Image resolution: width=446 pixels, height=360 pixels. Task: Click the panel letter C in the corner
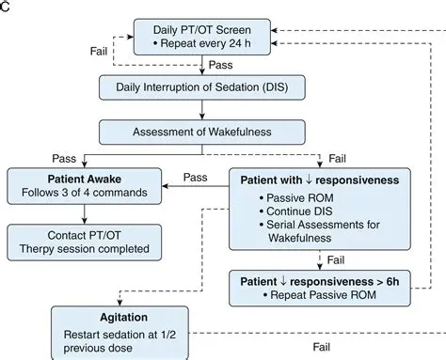point(6,6)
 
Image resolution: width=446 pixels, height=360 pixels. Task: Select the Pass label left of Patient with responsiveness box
point(195,177)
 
